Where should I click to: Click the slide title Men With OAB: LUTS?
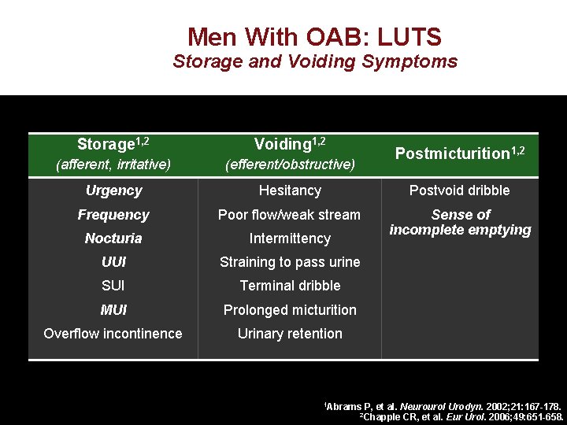coord(314,37)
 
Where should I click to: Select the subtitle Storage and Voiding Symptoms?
coord(314,61)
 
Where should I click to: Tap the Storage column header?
coord(113,144)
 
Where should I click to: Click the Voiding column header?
coord(290,144)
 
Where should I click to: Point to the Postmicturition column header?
coord(460,153)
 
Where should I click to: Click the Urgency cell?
coord(113,190)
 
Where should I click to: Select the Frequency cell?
coord(113,214)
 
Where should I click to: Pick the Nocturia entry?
coord(113,238)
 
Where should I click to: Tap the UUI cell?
coord(113,262)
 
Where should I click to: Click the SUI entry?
coord(113,286)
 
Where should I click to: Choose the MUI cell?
coord(113,310)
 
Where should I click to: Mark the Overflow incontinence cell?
coord(113,334)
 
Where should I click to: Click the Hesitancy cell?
coord(290,190)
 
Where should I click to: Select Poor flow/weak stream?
coord(290,214)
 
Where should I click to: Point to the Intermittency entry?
coord(290,238)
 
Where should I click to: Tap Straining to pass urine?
coord(290,262)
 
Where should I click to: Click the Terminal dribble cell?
coord(290,286)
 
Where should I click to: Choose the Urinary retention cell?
coord(290,334)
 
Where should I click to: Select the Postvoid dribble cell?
coord(460,190)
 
